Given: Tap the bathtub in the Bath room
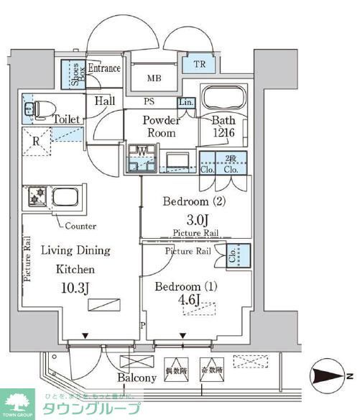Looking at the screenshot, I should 223,98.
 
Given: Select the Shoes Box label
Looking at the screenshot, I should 75,73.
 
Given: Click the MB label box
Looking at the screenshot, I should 154,78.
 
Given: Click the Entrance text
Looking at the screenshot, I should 105,68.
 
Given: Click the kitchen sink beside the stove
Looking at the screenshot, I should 65,197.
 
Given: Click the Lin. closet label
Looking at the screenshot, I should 185,102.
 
